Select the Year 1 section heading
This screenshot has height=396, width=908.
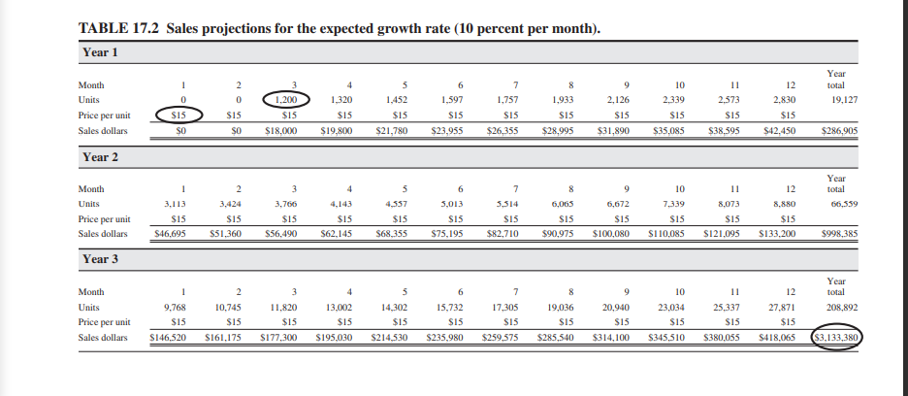(101, 51)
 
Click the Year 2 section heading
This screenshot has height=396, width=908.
(101, 156)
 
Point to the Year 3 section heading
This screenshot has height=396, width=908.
(101, 259)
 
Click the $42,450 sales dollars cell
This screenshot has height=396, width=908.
(774, 129)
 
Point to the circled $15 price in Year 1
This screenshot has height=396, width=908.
(178, 115)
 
